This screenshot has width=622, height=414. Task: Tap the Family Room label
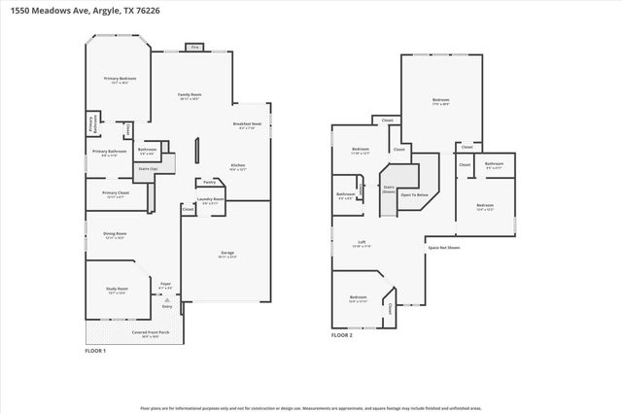click(x=189, y=95)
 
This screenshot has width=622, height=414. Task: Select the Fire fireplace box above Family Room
click(x=194, y=47)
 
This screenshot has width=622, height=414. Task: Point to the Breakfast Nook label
click(x=247, y=124)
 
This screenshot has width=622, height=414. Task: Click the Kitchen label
click(x=237, y=166)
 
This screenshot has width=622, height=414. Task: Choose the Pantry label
click(x=209, y=182)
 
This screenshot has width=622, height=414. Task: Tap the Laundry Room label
click(x=211, y=200)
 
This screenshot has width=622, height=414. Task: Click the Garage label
click(x=226, y=253)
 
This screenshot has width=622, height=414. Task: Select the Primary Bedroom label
click(x=120, y=78)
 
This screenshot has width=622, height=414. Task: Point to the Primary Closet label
click(x=116, y=192)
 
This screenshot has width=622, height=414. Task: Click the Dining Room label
click(x=114, y=233)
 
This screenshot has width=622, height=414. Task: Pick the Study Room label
click(x=118, y=291)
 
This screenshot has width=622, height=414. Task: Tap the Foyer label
click(x=165, y=286)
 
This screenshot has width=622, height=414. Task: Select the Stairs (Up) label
click(x=148, y=167)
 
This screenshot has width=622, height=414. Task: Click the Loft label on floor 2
click(x=361, y=244)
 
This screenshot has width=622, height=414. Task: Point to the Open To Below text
click(x=415, y=194)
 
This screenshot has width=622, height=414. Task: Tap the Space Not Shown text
click(x=444, y=247)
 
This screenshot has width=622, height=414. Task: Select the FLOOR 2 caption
click(x=341, y=334)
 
